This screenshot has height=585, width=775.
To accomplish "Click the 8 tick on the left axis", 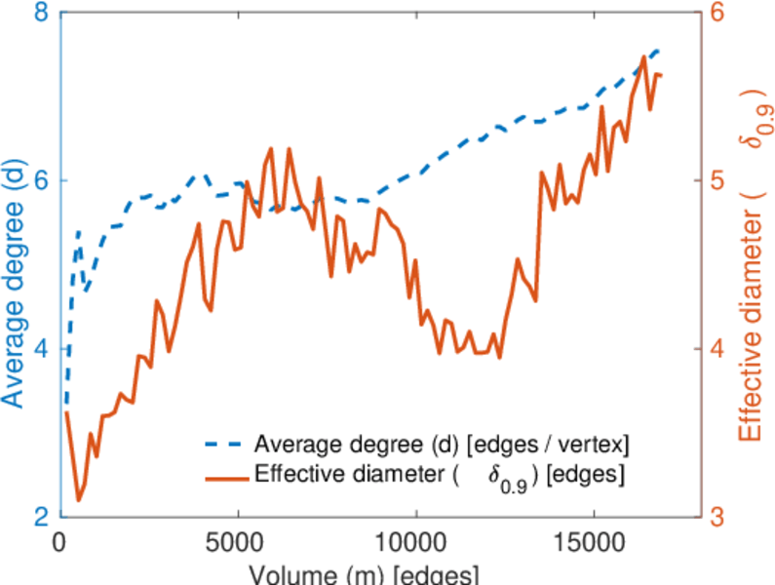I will pyautogui.click(x=42, y=13).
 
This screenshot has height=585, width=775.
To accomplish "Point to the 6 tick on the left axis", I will pyautogui.click(x=42, y=180).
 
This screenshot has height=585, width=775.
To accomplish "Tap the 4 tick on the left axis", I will pyautogui.click(x=42, y=349).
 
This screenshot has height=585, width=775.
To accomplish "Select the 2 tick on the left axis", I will pyautogui.click(x=42, y=517).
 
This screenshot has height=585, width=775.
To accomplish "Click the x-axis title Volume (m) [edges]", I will pyautogui.click(x=361, y=572).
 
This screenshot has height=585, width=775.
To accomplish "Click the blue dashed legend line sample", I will pyautogui.click(x=225, y=445).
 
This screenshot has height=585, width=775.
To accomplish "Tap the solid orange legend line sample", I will pyautogui.click(x=225, y=476).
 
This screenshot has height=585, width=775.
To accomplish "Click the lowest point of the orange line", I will pyautogui.click(x=79, y=501).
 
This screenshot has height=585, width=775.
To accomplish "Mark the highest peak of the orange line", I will pyautogui.click(x=644, y=57).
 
